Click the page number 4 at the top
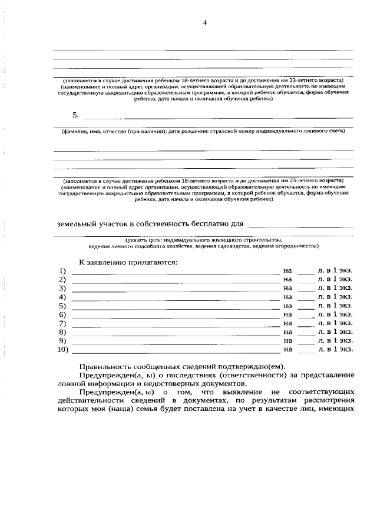205,23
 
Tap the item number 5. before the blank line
75,115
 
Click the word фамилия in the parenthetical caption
77,131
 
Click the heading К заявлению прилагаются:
128,262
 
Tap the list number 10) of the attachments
63,350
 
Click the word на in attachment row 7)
287,323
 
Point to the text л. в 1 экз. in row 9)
335,341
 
